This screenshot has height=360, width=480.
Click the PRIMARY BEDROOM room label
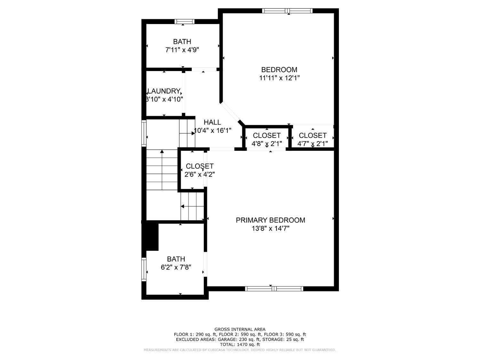click(270, 220)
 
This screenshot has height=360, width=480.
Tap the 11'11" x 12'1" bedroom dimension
click(279, 78)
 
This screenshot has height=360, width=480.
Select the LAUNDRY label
click(164, 91)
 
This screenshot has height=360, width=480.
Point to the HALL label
click(212, 122)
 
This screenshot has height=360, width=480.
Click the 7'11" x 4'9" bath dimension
click(182, 50)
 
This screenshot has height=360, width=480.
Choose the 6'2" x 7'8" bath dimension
click(176, 267)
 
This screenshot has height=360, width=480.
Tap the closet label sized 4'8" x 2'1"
click(267, 135)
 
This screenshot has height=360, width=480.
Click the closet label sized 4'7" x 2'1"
click(313, 135)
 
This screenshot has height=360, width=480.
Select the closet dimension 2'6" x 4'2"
click(199, 174)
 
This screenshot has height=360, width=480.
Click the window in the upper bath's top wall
click(184, 21)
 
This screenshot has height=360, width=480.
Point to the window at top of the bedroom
click(287, 11)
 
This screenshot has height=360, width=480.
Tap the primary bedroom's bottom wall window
click(274, 289)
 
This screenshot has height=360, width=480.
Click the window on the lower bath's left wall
click(144, 269)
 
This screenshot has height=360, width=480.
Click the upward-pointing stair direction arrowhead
click(162, 151)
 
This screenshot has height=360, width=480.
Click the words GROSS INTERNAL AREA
click(240, 329)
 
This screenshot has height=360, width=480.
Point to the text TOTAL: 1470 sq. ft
click(240, 345)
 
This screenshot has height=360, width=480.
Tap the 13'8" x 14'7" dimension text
click(270, 228)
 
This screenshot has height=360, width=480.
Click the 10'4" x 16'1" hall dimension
click(212, 131)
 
